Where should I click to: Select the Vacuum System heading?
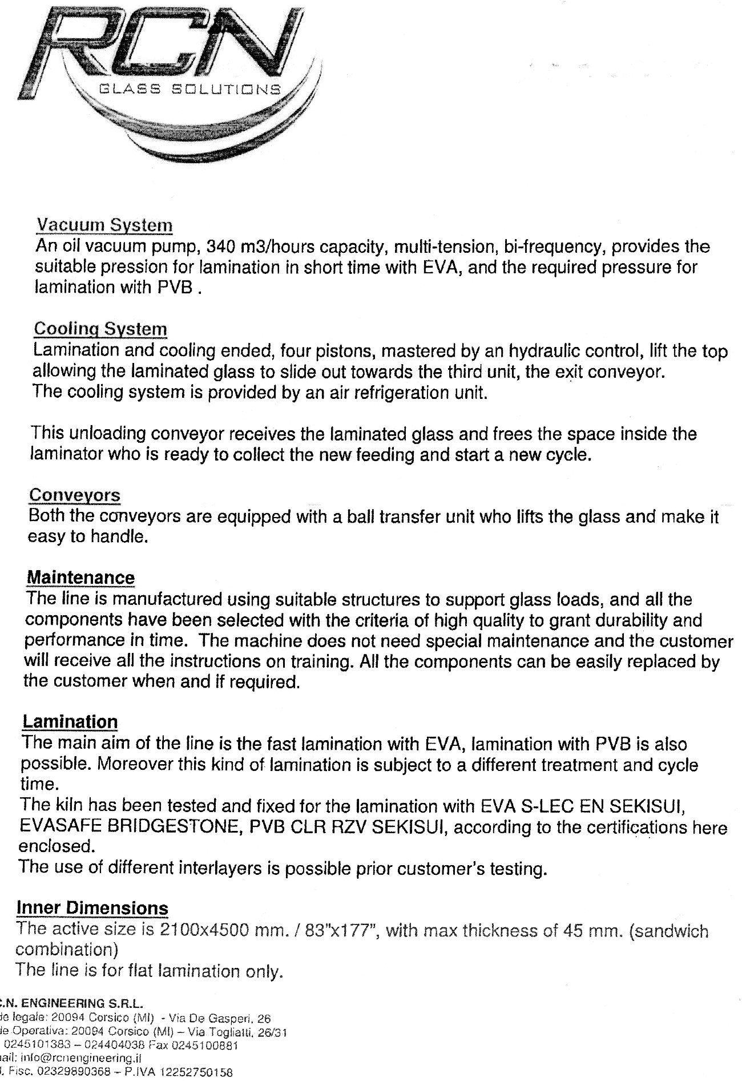(x=104, y=225)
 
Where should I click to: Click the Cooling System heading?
(x=100, y=329)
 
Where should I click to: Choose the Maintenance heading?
(x=80, y=577)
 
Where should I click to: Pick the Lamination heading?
(x=70, y=722)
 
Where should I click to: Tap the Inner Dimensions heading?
(x=92, y=908)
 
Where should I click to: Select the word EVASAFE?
(x=57, y=827)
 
